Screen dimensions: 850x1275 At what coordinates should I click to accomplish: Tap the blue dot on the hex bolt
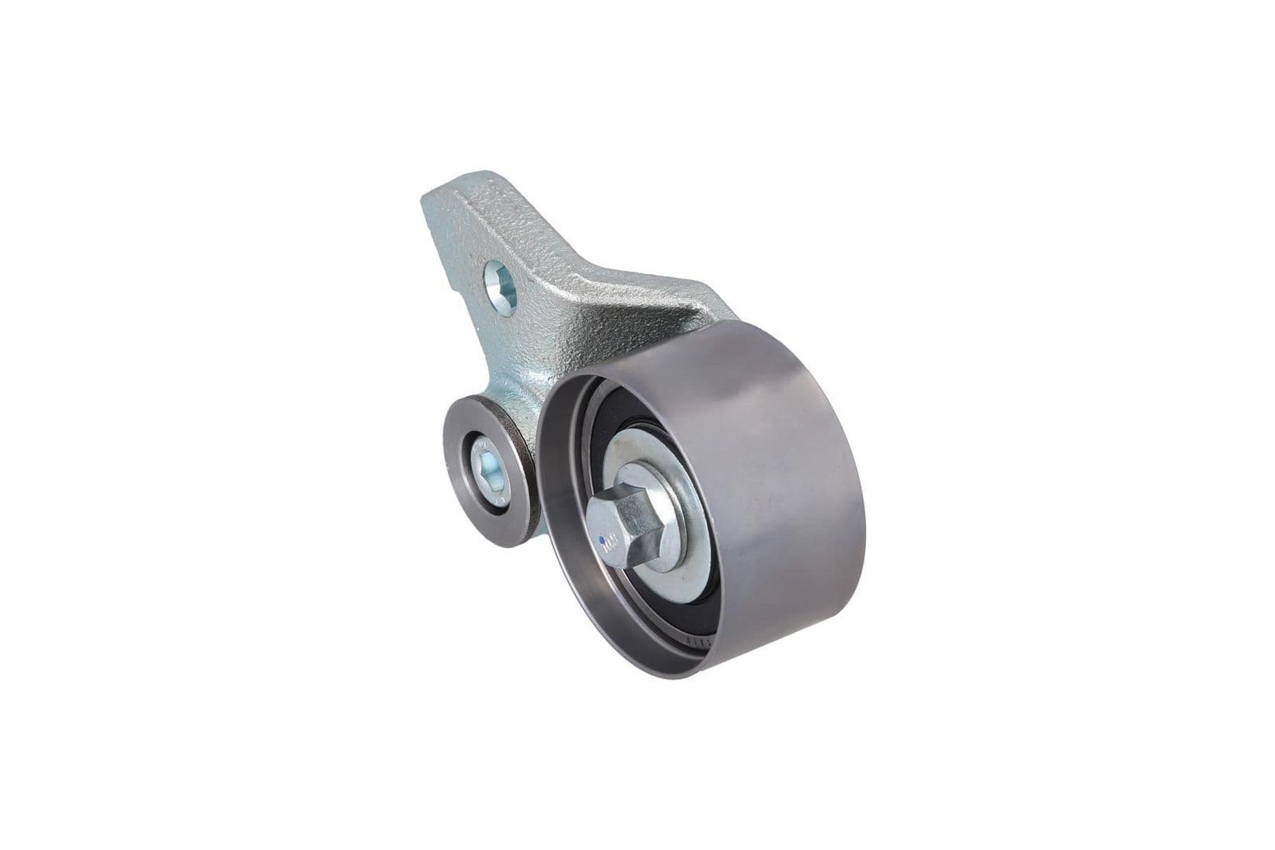(x=602, y=540)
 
